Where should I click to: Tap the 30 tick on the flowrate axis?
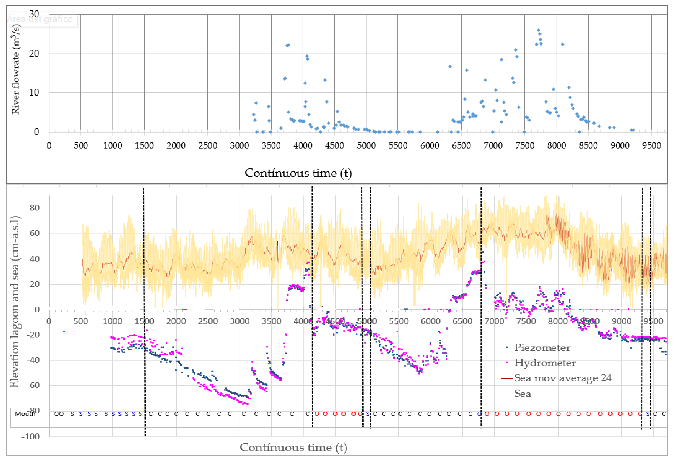(34, 14)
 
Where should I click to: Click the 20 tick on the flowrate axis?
(34, 54)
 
